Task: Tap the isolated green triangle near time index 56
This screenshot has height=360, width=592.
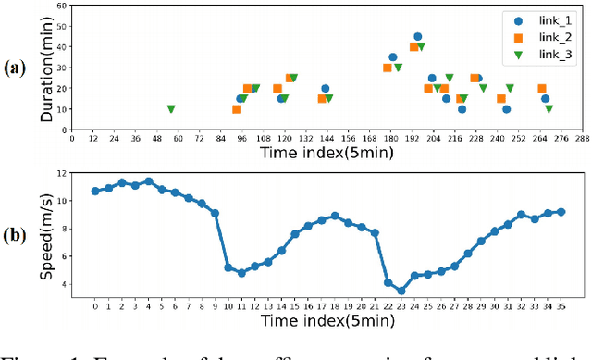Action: point(171,109)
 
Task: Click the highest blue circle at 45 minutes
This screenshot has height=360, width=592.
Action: point(418,37)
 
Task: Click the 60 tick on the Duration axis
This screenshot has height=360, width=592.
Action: point(61,6)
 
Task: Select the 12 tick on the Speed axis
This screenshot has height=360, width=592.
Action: point(62,173)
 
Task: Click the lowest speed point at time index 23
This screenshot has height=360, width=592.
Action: point(401,291)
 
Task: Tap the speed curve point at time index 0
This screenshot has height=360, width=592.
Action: point(95,191)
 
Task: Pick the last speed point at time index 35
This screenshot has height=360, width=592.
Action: point(561,212)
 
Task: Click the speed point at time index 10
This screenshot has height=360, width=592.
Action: point(228,267)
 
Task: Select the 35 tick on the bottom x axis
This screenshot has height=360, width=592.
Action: point(561,306)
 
